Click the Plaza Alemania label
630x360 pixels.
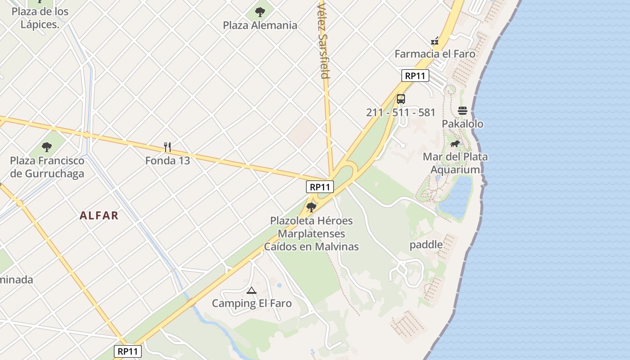click(x=260, y=25)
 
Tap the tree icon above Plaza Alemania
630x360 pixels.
click(x=260, y=12)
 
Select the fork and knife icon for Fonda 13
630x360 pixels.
click(x=167, y=147)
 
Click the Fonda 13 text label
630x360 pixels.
click(x=167, y=160)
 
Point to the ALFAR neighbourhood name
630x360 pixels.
click(x=99, y=216)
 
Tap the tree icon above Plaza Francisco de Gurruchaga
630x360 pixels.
click(x=47, y=147)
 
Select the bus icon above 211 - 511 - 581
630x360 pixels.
click(x=401, y=99)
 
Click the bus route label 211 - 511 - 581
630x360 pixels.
click(x=401, y=112)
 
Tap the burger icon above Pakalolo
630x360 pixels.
click(x=463, y=111)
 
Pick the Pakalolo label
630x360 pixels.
click(x=463, y=124)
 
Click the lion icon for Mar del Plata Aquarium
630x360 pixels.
click(x=455, y=144)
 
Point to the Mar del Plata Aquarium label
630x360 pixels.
click(x=455, y=163)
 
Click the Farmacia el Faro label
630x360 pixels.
click(x=435, y=54)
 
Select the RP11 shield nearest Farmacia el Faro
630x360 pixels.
click(x=415, y=76)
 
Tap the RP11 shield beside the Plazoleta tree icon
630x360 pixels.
click(x=320, y=187)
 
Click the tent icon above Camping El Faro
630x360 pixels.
click(x=252, y=290)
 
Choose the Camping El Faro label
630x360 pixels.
click(x=252, y=303)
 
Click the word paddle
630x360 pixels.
click(x=426, y=245)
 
